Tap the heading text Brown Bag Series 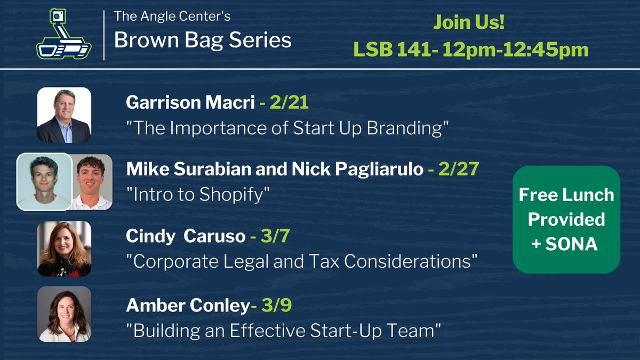(203, 40)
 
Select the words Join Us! (469, 23)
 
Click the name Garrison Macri (190, 102)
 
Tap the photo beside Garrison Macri (64, 115)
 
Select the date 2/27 (460, 170)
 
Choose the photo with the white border (44, 181)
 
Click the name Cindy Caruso (185, 236)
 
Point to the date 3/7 (274, 236)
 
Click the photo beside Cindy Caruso (64, 249)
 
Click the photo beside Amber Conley (64, 314)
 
